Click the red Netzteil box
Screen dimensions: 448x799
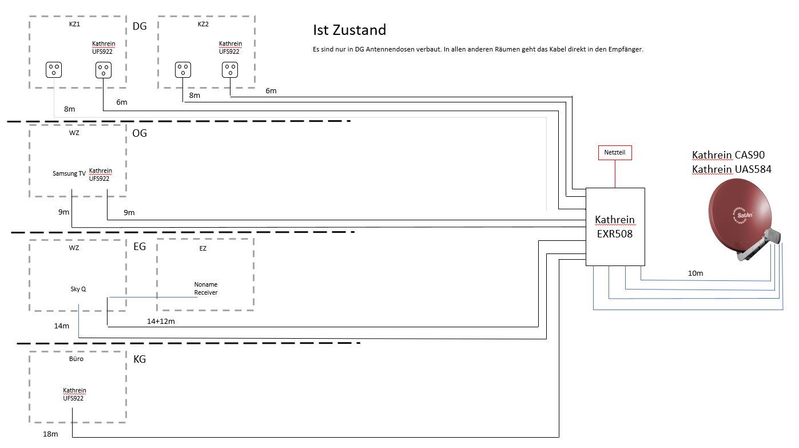point(615,153)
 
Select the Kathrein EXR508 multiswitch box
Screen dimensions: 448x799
point(615,227)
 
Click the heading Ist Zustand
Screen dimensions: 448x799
point(349,30)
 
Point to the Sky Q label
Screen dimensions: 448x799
point(78,290)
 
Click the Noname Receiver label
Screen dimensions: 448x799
point(206,288)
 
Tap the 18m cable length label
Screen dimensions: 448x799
point(50,434)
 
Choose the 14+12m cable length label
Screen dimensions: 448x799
point(161,322)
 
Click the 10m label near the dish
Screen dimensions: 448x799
point(695,273)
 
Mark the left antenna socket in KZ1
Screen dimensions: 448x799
point(54,70)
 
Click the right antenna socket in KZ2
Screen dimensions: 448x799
point(230,70)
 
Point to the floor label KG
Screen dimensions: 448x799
point(139,359)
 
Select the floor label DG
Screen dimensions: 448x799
point(140,26)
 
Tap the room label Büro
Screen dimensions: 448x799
point(75,359)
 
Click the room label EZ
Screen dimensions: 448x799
point(203,248)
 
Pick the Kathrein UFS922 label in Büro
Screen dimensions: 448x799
point(74,394)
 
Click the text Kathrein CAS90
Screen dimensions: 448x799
point(728,155)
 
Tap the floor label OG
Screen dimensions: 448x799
point(140,133)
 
